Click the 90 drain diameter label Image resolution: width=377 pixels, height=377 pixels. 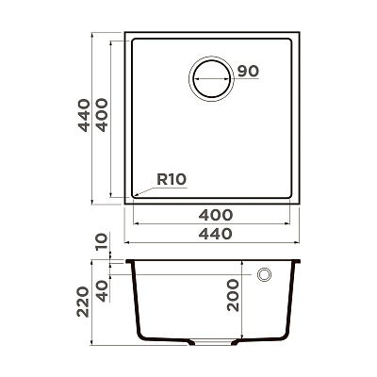(x=248, y=72)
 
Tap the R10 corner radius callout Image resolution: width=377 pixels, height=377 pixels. (x=172, y=179)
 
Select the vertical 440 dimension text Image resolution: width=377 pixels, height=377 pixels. (x=84, y=115)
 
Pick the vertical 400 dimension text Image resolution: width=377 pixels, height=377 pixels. (x=102, y=115)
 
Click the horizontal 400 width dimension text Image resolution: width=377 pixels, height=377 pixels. (x=216, y=215)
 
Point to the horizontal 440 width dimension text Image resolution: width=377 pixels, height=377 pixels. (x=216, y=234)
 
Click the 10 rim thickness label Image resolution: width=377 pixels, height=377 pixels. (x=102, y=242)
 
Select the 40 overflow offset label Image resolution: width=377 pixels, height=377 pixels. (x=102, y=291)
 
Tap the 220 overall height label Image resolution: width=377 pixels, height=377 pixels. (x=83, y=302)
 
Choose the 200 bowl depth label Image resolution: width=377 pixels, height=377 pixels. (x=233, y=295)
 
